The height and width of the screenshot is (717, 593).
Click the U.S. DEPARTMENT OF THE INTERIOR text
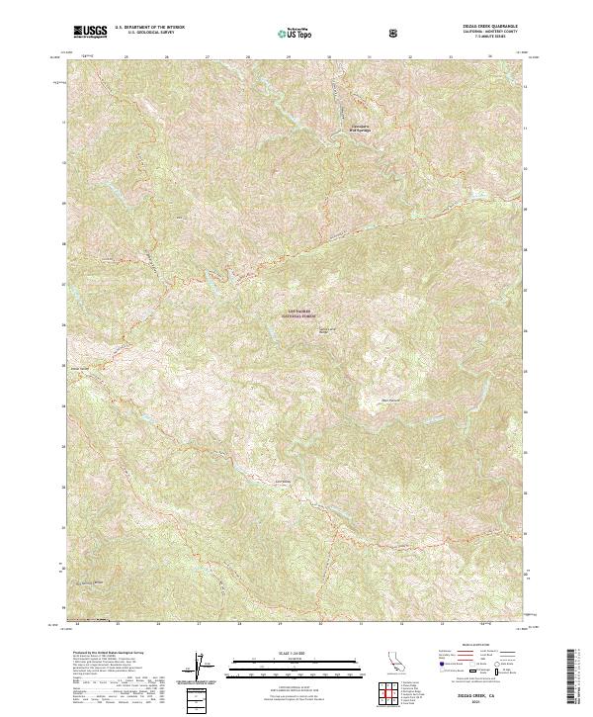pyautogui.click(x=149, y=28)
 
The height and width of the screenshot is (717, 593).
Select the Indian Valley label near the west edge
pyautogui.click(x=80, y=369)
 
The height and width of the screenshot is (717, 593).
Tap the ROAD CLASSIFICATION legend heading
pyautogui.click(x=474, y=643)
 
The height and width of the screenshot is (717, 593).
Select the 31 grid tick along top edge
pyautogui.click(x=369, y=57)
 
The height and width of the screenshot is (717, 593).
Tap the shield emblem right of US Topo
pyautogui.click(x=394, y=32)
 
